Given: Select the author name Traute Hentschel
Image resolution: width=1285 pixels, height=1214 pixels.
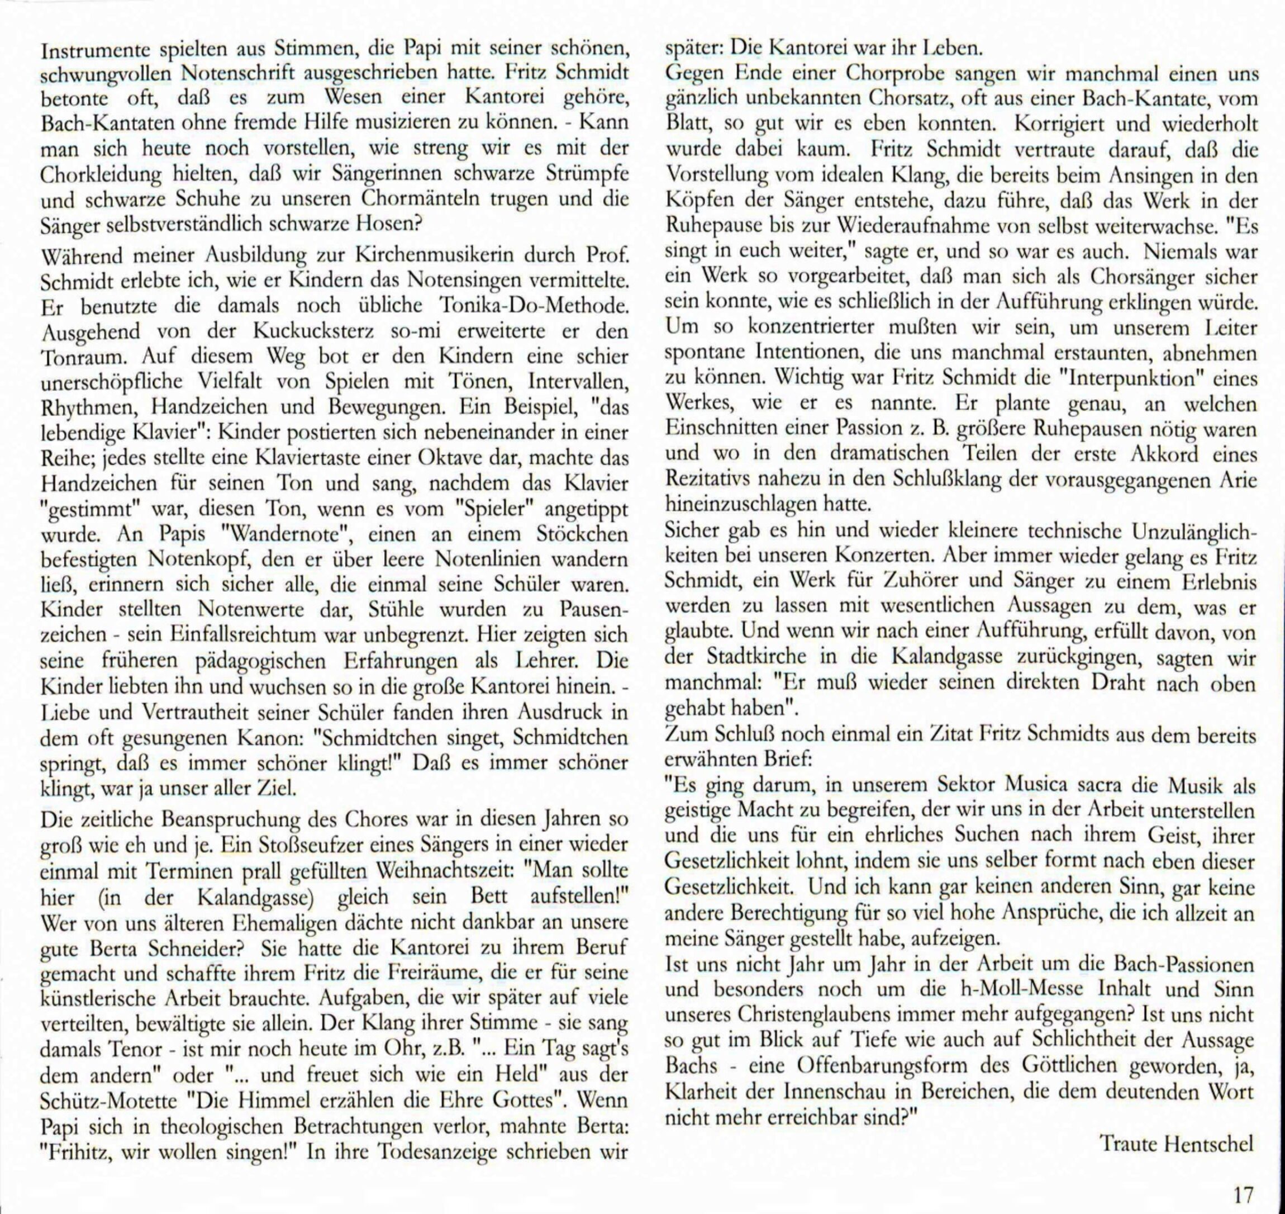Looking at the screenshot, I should (1177, 1143).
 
